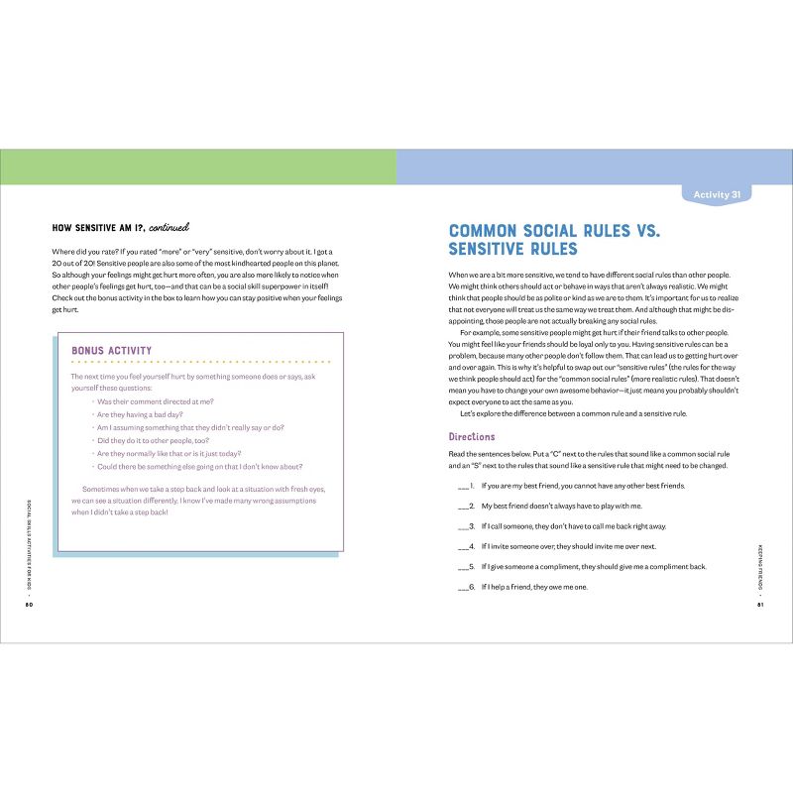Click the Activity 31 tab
(x=717, y=195)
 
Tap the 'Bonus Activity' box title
(x=112, y=350)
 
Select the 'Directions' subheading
(x=472, y=436)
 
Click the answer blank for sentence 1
(x=463, y=487)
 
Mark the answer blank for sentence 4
(x=463, y=546)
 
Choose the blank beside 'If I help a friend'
(x=463, y=587)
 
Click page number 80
(x=30, y=605)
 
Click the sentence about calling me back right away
(x=574, y=526)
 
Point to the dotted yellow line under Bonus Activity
(x=199, y=363)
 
